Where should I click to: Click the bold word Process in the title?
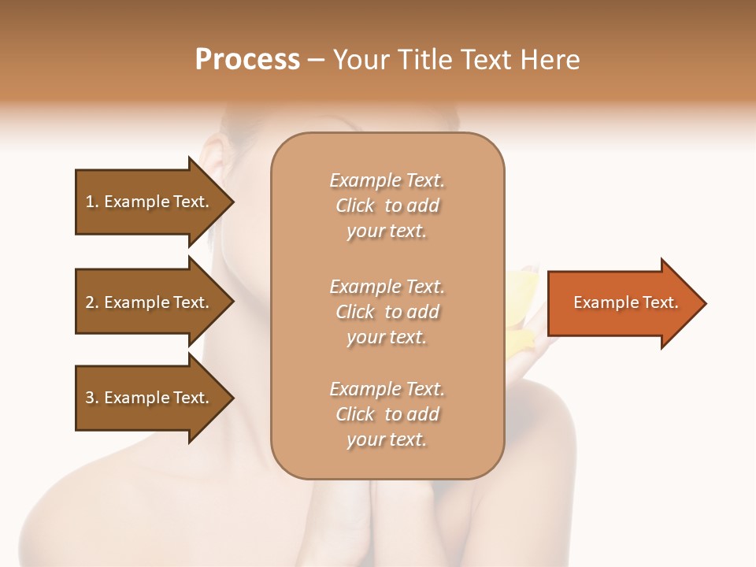point(247,60)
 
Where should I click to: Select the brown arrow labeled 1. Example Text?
point(150,202)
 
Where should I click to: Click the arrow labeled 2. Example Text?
point(150,302)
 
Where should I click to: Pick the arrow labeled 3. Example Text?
point(150,398)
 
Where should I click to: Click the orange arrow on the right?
point(622,303)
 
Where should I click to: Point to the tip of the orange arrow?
point(703,303)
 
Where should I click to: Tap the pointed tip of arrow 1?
point(232,202)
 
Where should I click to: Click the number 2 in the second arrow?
point(90,302)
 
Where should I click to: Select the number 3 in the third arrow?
point(90,398)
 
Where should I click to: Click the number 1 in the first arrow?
point(90,202)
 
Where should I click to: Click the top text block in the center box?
point(387,206)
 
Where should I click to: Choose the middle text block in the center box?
point(387,312)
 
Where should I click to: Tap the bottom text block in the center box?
point(387,414)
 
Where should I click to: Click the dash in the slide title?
point(317,60)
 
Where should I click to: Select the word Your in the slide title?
point(358,60)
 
